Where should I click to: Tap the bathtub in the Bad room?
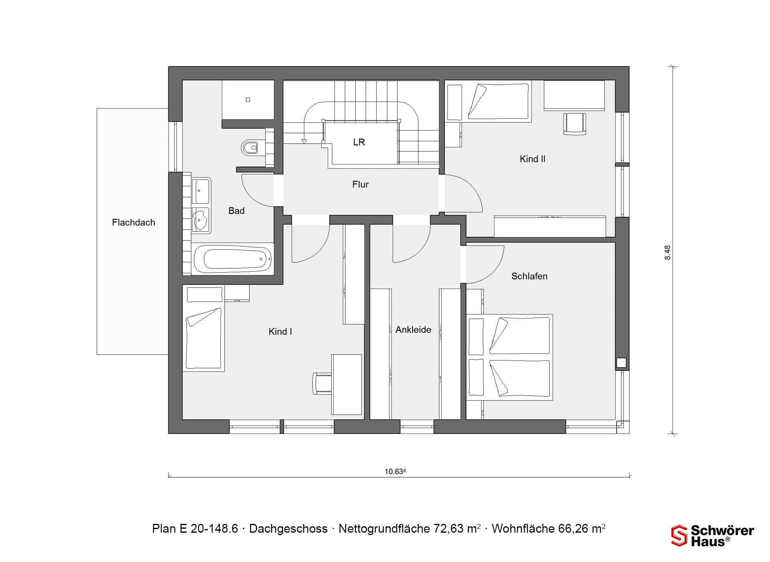click(x=233, y=259)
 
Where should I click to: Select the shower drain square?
click(x=248, y=100)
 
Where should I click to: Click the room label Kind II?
click(x=532, y=159)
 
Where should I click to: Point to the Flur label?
click(x=360, y=184)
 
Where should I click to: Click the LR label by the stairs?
click(x=359, y=142)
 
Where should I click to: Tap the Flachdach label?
click(x=134, y=222)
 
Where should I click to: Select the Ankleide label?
click(x=413, y=330)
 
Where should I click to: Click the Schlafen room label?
click(x=529, y=276)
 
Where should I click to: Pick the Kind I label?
click(x=280, y=332)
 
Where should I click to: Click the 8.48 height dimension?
click(x=667, y=252)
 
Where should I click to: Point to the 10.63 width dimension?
click(x=395, y=471)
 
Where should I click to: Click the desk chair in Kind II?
click(x=575, y=123)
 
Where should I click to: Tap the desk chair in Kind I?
click(x=322, y=384)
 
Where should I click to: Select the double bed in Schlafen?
click(x=509, y=357)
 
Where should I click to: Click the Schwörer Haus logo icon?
click(x=679, y=536)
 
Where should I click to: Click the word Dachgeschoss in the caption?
click(x=288, y=529)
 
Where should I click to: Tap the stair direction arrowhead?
click(x=304, y=141)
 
